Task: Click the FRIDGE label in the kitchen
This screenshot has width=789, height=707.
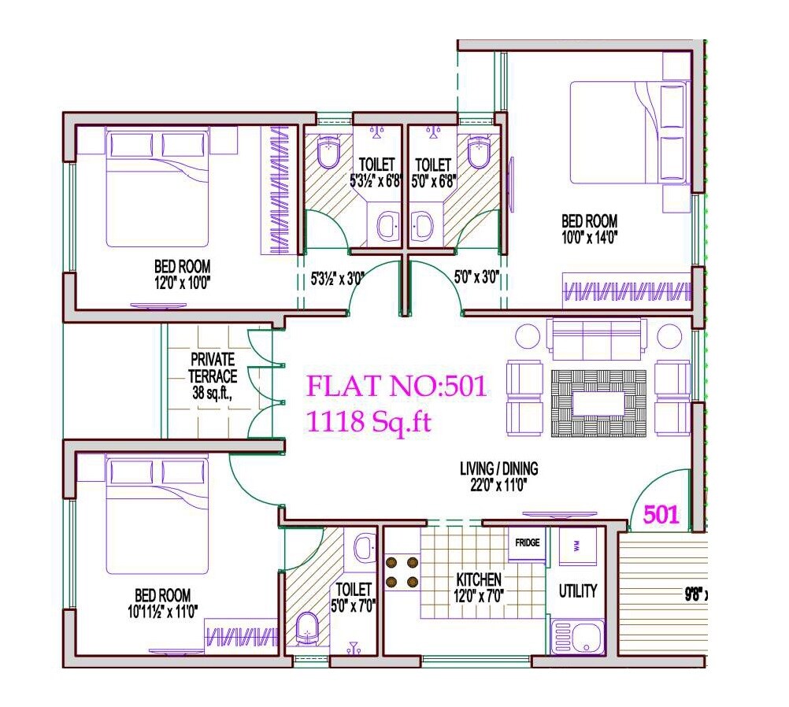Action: coord(526,543)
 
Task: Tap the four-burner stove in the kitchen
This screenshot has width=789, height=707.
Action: coord(402,572)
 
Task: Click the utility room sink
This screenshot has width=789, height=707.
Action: coord(577,636)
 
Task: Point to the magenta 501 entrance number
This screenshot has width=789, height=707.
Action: coord(661,515)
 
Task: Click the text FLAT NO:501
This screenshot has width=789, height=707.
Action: coord(397,387)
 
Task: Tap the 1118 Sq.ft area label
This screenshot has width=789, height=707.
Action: coord(369,423)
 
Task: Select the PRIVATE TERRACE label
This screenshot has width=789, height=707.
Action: coord(213,368)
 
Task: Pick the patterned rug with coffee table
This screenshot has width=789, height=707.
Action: coord(598,403)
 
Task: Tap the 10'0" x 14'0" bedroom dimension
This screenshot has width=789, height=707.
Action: coord(589,236)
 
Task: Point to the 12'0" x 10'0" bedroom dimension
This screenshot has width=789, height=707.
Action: coord(183,281)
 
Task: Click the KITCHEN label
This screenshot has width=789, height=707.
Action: coord(479,580)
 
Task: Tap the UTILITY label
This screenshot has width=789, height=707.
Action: coord(577,591)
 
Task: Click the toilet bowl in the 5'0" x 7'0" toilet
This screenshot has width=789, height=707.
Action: coord(308,629)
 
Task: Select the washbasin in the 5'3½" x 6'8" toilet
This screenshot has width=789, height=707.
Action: coord(387,227)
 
